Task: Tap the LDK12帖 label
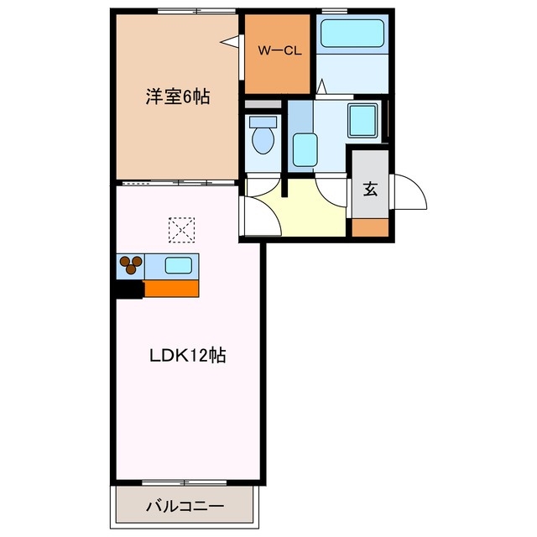pyautogui.click(x=188, y=355)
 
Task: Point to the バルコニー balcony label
pyautogui.click(x=184, y=507)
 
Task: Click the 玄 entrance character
pyautogui.click(x=369, y=189)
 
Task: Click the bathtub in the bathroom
pyautogui.click(x=352, y=34)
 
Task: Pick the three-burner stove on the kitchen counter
pyautogui.click(x=131, y=266)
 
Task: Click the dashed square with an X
pyautogui.click(x=181, y=227)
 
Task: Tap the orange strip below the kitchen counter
pyautogui.click(x=171, y=289)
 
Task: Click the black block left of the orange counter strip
pyautogui.click(x=129, y=289)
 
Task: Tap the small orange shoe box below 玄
pyautogui.click(x=369, y=226)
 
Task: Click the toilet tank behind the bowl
pyautogui.click(x=263, y=122)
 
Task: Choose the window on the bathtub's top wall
pyautogui.click(x=335, y=12)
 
